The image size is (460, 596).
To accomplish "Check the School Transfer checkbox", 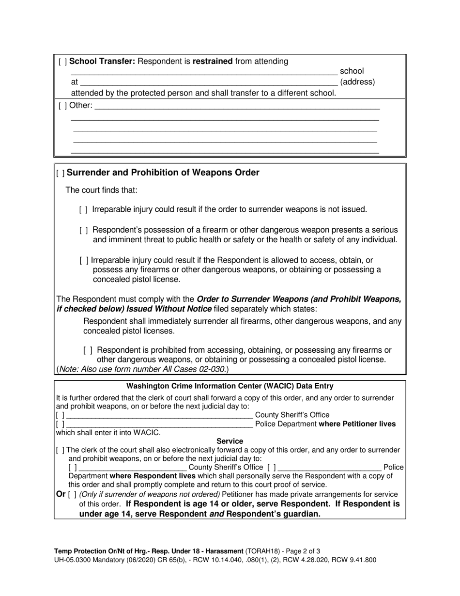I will click(x=63, y=62).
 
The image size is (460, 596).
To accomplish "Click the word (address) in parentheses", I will click(x=357, y=82).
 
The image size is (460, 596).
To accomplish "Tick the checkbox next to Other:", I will click(x=63, y=106).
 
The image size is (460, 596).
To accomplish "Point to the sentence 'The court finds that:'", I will click(x=101, y=190).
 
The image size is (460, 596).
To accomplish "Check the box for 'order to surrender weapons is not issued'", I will click(x=83, y=210).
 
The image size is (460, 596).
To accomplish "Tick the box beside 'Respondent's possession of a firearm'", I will click(x=83, y=230).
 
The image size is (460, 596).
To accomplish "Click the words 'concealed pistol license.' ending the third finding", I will click(x=137, y=280).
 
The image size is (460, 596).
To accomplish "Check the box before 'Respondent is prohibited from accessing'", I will click(x=88, y=350).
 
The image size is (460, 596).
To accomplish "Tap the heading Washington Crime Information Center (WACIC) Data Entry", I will click(x=230, y=386).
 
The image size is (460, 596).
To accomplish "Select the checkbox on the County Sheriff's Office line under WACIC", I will click(x=60, y=415).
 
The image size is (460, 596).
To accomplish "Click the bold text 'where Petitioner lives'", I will click(x=357, y=424).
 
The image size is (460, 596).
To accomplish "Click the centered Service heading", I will click(x=230, y=441).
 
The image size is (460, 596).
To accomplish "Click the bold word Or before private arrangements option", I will click(x=61, y=494).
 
